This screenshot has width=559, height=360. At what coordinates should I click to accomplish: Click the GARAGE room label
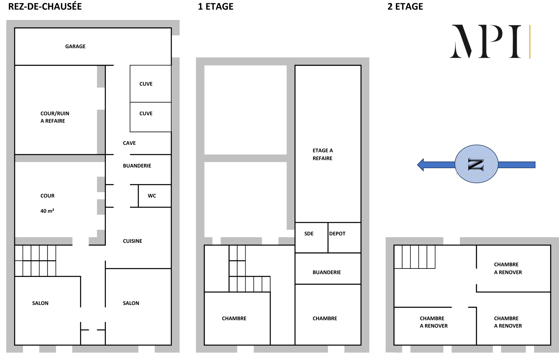tap(75, 46)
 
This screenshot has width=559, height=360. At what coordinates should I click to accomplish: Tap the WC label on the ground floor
tap(152, 196)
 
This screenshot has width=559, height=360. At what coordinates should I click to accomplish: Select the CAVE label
tap(129, 143)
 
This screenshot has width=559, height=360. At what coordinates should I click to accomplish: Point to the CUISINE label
tap(132, 241)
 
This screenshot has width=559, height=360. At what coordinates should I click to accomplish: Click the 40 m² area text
tap(47, 211)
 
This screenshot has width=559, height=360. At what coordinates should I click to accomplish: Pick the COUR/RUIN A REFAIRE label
tap(55, 117)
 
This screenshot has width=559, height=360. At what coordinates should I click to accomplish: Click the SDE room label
tap(309, 234)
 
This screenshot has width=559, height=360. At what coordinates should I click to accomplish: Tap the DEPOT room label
tap(337, 234)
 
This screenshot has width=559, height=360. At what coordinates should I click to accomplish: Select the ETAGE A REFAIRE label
tap(323, 154)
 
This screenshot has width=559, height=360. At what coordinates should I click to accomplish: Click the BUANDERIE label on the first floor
tap(326, 272)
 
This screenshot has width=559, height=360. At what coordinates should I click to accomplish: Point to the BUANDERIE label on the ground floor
tap(137, 166)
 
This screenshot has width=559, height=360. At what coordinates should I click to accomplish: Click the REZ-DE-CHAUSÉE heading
tap(45, 7)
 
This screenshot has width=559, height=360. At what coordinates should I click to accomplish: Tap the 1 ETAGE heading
tap(216, 7)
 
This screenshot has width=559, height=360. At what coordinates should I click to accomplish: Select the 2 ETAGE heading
tap(405, 7)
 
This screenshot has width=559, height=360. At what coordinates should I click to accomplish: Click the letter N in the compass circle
tap(476, 164)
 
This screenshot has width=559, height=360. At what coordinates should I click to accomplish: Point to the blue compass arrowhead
tap(421, 165)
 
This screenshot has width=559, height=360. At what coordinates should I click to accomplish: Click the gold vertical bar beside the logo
tap(530, 41)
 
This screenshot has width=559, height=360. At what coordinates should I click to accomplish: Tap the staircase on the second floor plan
tap(415, 257)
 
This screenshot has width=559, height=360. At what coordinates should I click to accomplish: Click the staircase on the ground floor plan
tap(35, 261)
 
